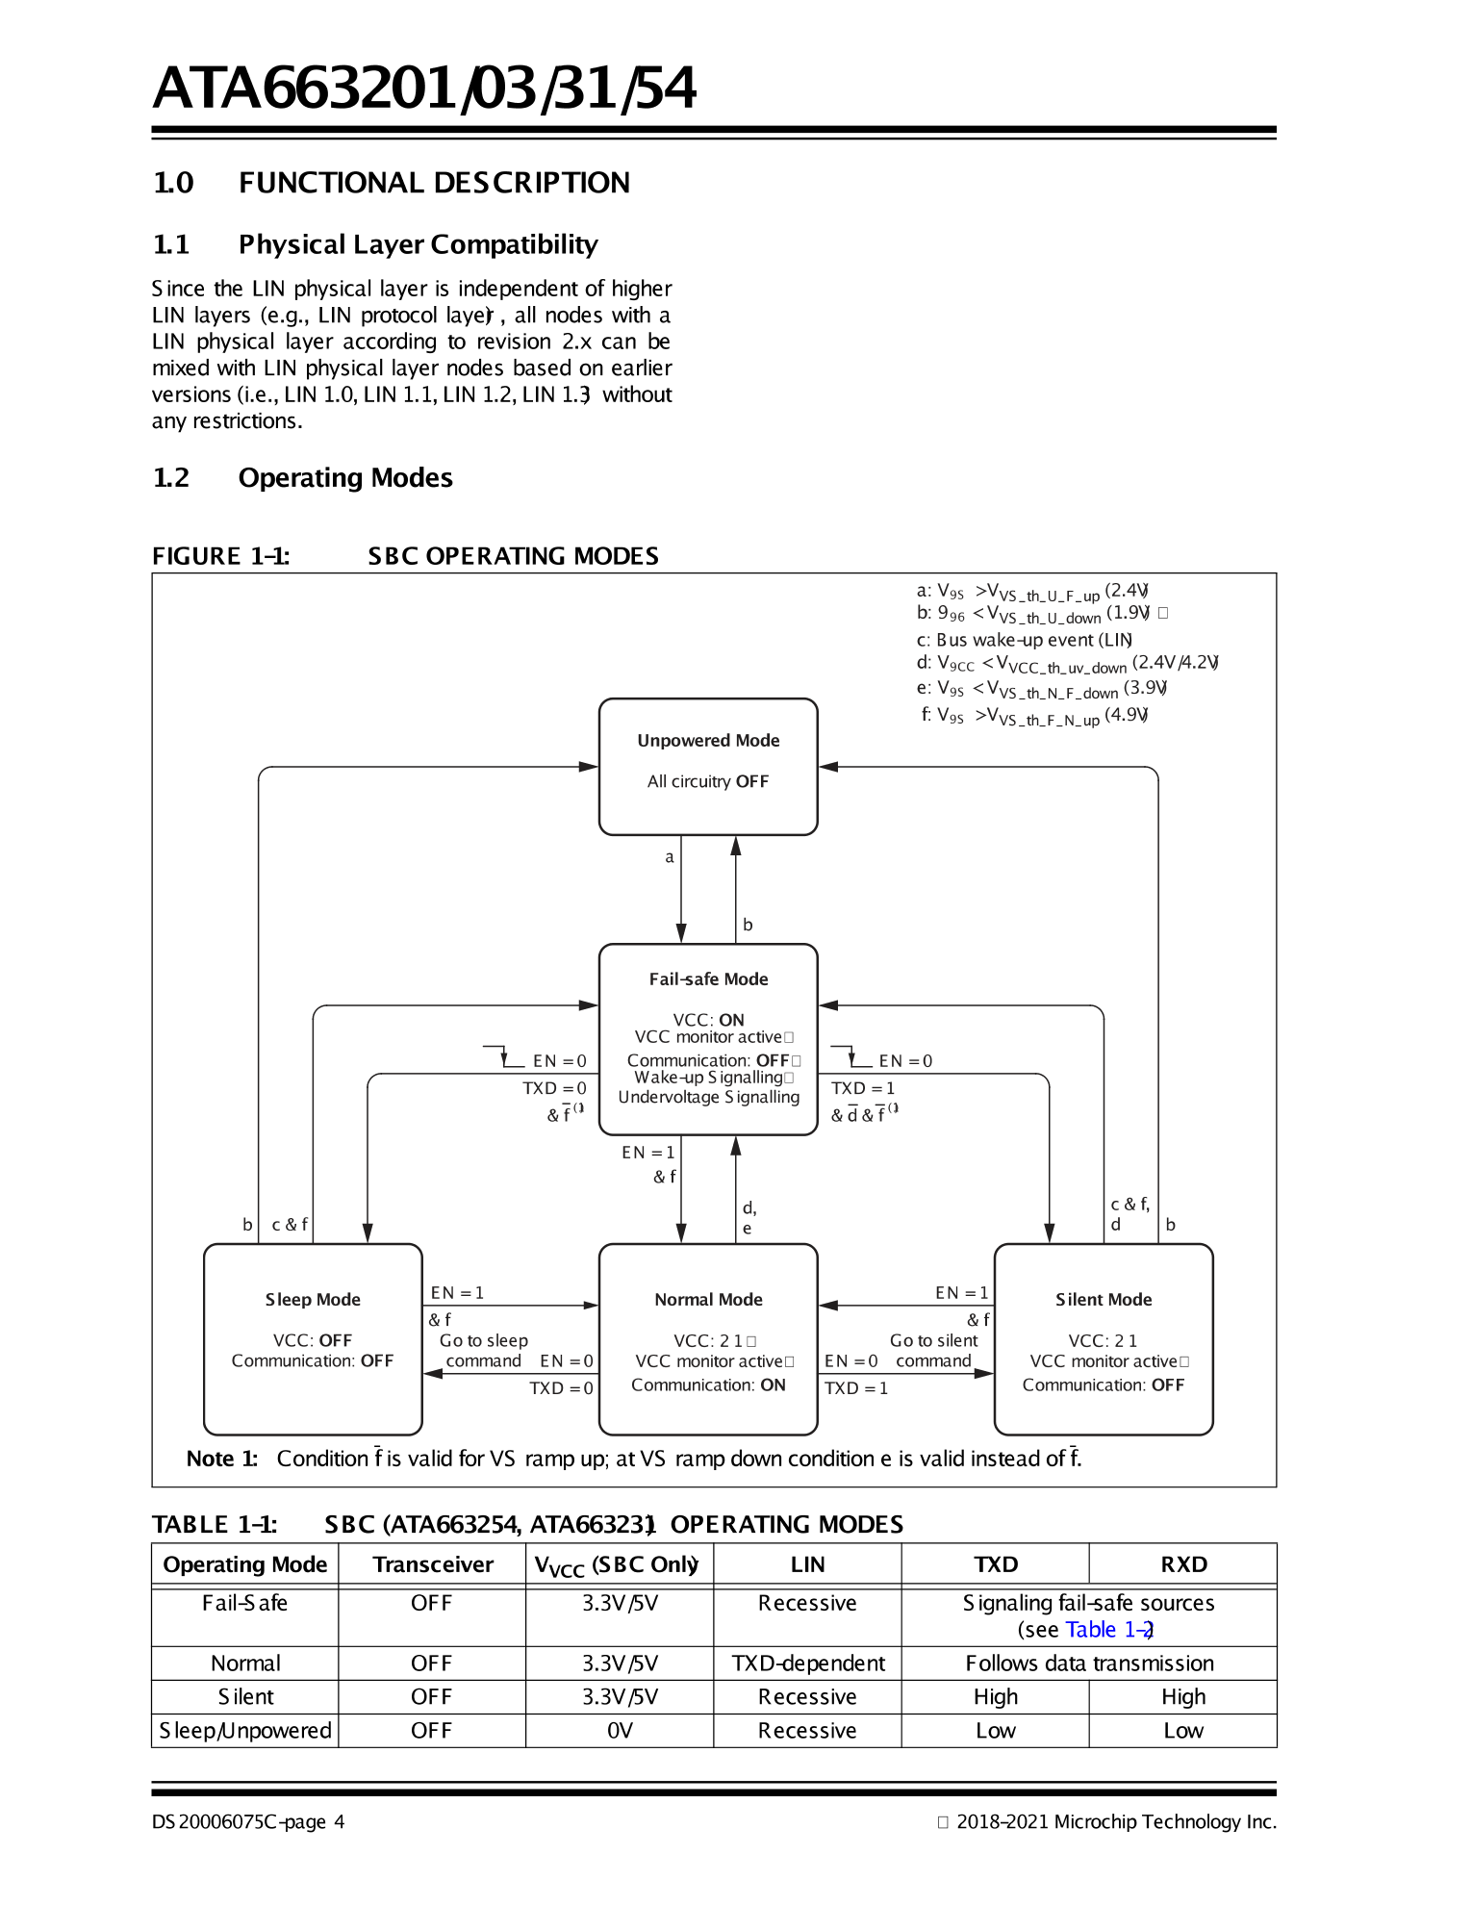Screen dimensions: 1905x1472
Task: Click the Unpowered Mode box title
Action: tap(708, 740)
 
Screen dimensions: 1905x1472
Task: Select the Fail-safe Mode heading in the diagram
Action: tap(708, 978)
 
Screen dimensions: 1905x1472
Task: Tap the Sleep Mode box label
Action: tap(313, 1299)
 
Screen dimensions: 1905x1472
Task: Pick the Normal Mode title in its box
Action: tap(708, 1299)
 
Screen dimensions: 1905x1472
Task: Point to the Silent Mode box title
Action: tap(1104, 1299)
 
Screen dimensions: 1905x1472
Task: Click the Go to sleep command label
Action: tap(483, 1351)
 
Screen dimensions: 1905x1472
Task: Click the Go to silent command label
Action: tap(933, 1351)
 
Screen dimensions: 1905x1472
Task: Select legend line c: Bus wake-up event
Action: tap(1024, 640)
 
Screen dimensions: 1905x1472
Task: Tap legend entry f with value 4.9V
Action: tap(1034, 715)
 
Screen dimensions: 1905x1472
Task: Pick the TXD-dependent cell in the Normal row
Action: tap(807, 1664)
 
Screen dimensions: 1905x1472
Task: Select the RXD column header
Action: tap(1182, 1564)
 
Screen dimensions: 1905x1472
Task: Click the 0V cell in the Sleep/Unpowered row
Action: tap(620, 1731)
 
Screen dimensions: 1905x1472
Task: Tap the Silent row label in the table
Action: tap(245, 1697)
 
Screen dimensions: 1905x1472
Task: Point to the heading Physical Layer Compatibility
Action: tap(418, 244)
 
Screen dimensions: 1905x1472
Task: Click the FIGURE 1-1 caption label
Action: tap(220, 556)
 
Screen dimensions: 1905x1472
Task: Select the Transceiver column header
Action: tap(433, 1564)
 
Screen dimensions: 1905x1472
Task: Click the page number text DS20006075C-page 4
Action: tap(247, 1821)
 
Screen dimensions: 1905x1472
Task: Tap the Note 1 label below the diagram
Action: tap(221, 1459)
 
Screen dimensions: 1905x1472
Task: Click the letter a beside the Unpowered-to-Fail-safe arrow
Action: tap(670, 856)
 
